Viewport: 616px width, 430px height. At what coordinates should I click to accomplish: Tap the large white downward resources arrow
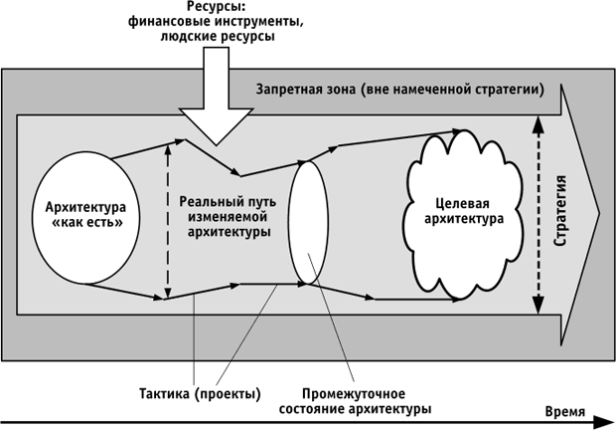click(x=215, y=100)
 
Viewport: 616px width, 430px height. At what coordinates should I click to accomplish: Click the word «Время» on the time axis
click(x=568, y=410)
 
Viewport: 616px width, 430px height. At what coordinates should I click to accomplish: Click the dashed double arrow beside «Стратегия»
click(x=538, y=208)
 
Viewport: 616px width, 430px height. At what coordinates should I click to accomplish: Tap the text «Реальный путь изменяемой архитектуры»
click(x=229, y=217)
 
